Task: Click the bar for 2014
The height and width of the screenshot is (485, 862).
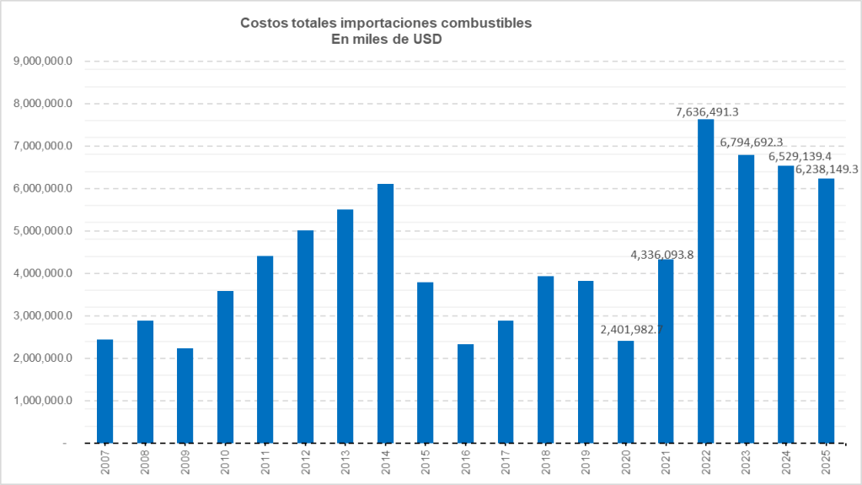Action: pos(385,313)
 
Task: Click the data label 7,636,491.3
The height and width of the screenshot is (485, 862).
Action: pos(714,111)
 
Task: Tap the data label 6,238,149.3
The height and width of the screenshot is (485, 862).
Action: pos(827,170)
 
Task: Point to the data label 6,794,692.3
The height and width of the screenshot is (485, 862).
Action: pos(752,143)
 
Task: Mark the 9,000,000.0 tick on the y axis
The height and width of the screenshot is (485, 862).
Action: pos(44,62)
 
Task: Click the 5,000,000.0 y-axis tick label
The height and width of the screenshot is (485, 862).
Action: pos(44,231)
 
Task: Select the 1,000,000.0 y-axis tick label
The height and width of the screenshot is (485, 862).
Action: pos(44,401)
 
